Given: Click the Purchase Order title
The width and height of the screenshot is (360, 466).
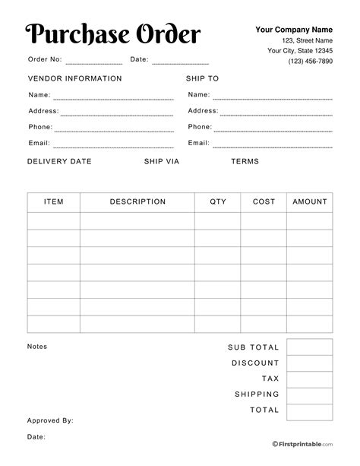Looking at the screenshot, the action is coord(113,34).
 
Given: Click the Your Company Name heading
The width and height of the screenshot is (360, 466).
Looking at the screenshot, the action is coord(294,30).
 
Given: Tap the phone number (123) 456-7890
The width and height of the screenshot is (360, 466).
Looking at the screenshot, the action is coord(310,62).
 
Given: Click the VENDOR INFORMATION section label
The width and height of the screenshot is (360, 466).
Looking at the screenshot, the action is coord(74,78).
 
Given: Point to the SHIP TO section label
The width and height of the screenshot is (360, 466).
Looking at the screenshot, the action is coord(202,78).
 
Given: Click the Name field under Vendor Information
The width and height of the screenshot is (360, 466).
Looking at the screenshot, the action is coord(114,97).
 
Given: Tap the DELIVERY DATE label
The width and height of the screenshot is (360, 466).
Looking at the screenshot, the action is coord(59,161).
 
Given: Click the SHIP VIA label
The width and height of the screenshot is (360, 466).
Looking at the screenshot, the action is coord(160,161).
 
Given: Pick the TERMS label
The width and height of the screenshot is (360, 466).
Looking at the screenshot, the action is coord(245,161).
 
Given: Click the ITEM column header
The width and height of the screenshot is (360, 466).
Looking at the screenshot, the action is coord(54,202).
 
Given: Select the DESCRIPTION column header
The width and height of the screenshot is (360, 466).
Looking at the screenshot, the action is coord(137,202).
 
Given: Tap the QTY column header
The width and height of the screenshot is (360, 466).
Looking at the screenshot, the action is coord(218,202).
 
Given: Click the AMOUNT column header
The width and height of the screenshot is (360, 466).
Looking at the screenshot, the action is coord(310,202).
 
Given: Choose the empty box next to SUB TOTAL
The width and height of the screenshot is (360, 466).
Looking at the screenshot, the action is coord(310,347).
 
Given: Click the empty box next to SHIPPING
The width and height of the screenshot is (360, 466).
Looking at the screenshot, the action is coord(310,395).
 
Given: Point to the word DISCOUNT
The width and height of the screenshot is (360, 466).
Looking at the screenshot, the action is coord(255,363).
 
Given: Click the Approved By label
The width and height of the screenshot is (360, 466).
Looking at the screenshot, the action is coord(50,420).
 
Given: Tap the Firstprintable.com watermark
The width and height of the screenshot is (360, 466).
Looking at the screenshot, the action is coord(302,443).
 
